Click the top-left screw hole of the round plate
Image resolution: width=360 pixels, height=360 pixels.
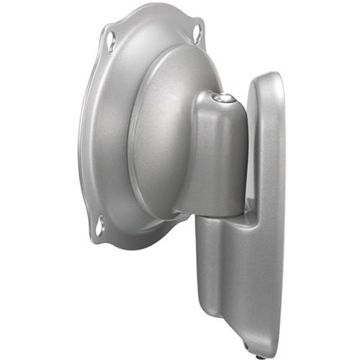point(110,40)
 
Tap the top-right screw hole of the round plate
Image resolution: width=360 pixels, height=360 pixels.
point(197,32)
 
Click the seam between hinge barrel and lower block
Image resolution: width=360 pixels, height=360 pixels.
point(223,215)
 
